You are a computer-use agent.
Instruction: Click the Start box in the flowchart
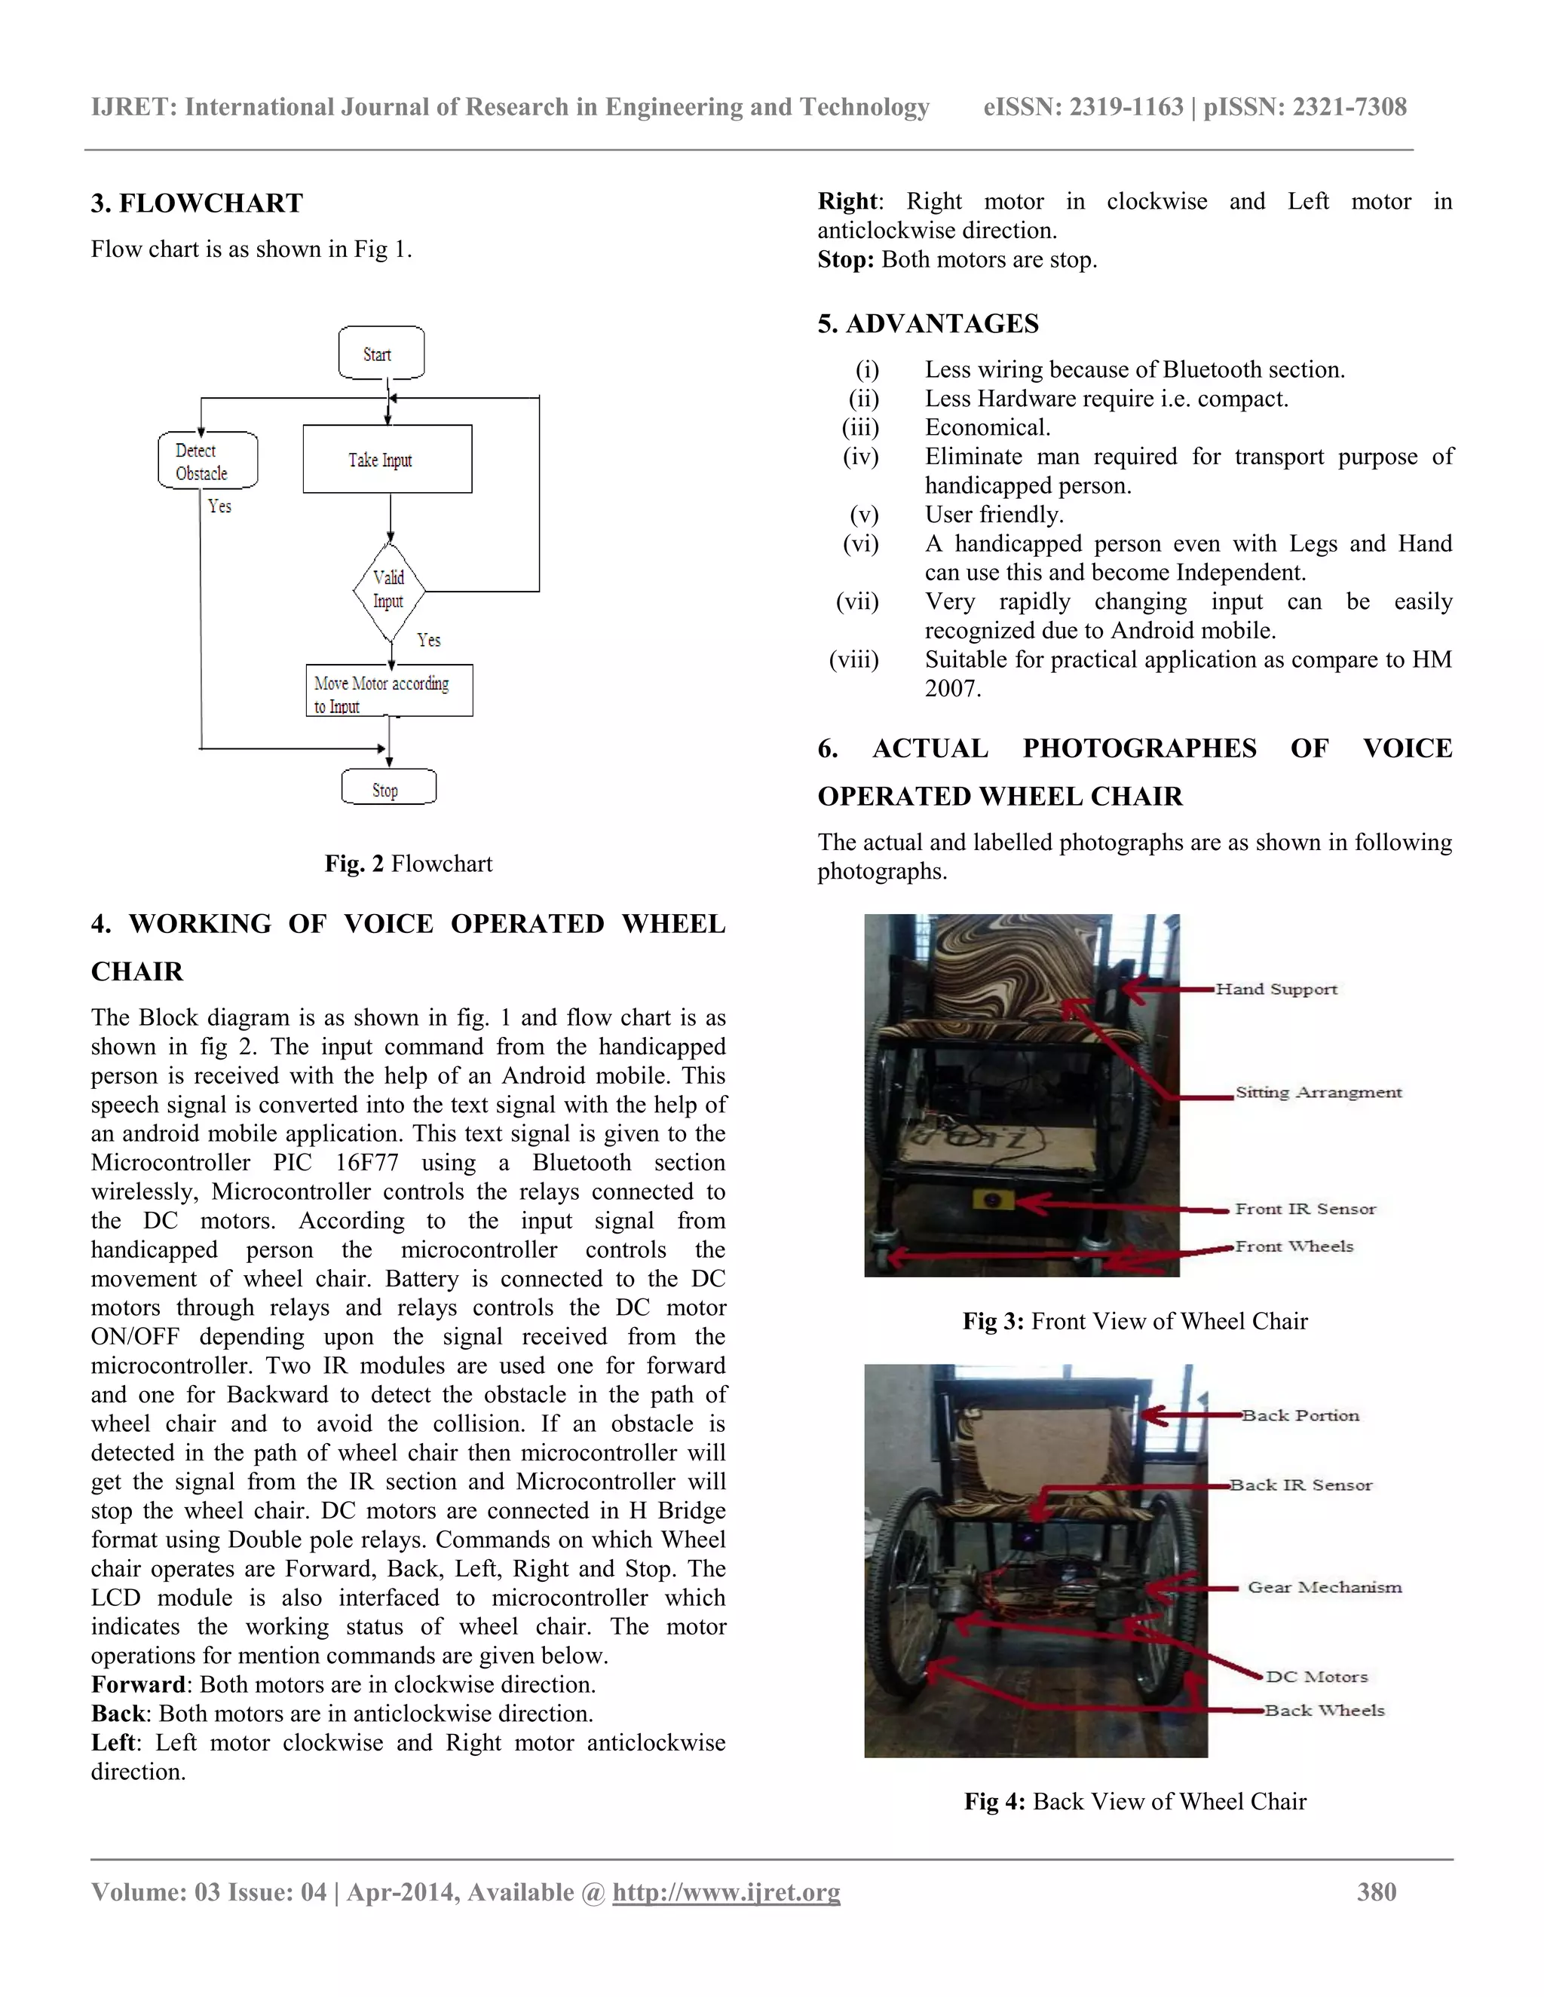(x=381, y=353)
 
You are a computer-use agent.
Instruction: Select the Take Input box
(x=387, y=459)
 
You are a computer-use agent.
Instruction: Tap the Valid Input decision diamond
(x=390, y=590)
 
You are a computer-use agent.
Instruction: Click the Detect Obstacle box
(x=207, y=461)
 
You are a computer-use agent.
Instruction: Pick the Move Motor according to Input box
(x=389, y=691)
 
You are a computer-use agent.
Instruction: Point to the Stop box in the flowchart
(x=388, y=788)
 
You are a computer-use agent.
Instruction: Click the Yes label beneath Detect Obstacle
(x=219, y=506)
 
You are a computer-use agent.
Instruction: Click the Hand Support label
(x=1276, y=989)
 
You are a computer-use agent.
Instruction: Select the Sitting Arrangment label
(x=1318, y=1092)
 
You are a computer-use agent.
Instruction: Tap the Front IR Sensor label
(x=1305, y=1209)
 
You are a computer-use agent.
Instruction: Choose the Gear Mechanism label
(x=1324, y=1587)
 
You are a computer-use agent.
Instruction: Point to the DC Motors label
(x=1316, y=1676)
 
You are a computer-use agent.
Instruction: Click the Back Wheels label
(x=1324, y=1710)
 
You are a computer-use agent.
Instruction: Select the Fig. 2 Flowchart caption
(x=408, y=863)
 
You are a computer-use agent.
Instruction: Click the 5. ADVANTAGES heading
(x=927, y=324)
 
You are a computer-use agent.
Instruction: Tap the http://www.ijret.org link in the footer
(x=725, y=1891)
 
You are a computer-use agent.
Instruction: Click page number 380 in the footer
(x=1376, y=1891)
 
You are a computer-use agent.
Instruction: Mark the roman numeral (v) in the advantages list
(x=863, y=515)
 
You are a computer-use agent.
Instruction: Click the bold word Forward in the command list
(x=138, y=1684)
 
